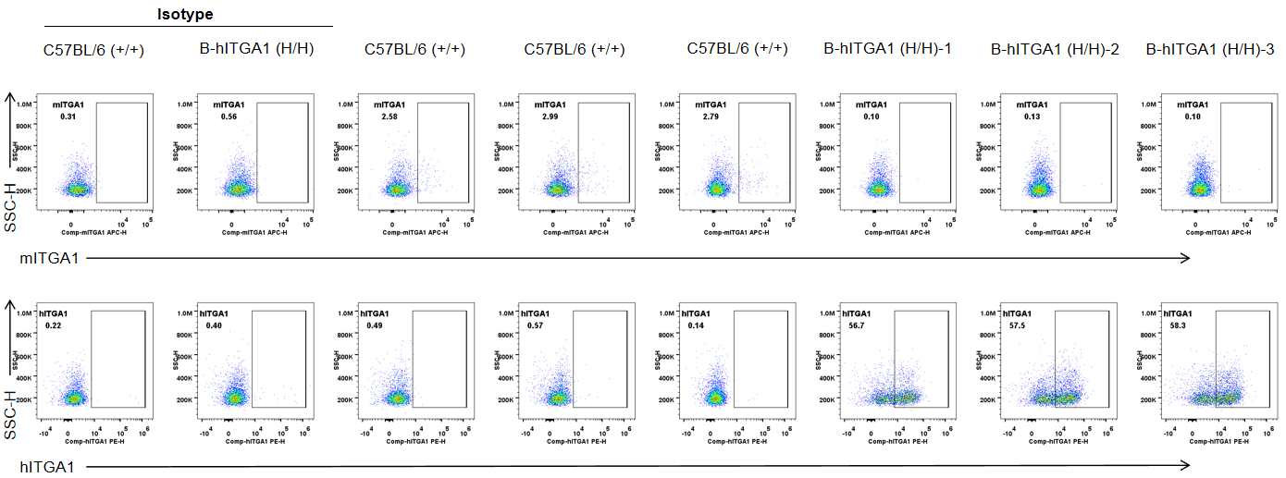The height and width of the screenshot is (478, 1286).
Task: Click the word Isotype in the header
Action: pos(184,14)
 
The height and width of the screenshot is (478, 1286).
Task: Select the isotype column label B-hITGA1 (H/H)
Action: pos(256,48)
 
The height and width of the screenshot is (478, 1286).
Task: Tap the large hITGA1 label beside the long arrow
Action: pos(47,466)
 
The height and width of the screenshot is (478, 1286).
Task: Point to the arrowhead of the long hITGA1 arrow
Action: pos(1185,466)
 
